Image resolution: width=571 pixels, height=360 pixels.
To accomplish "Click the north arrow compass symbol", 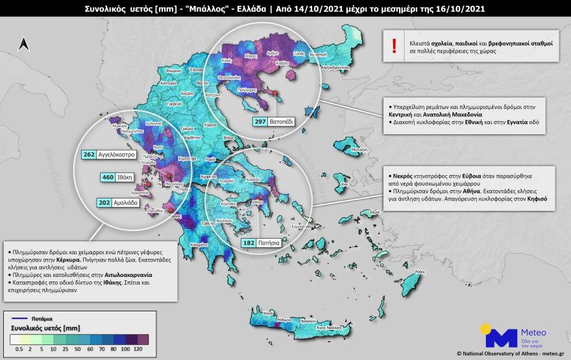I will [24, 44].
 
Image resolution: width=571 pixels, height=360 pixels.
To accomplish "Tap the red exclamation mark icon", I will [393, 45].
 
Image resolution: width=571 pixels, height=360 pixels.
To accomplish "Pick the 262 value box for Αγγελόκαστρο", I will [88, 154].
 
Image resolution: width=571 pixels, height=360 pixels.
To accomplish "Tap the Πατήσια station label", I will [271, 243].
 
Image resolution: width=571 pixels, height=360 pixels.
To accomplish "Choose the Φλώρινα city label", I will [173, 70].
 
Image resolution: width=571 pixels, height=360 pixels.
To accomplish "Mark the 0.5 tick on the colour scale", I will [19, 349].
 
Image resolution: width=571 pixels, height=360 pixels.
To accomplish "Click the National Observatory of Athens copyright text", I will [513, 354].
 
